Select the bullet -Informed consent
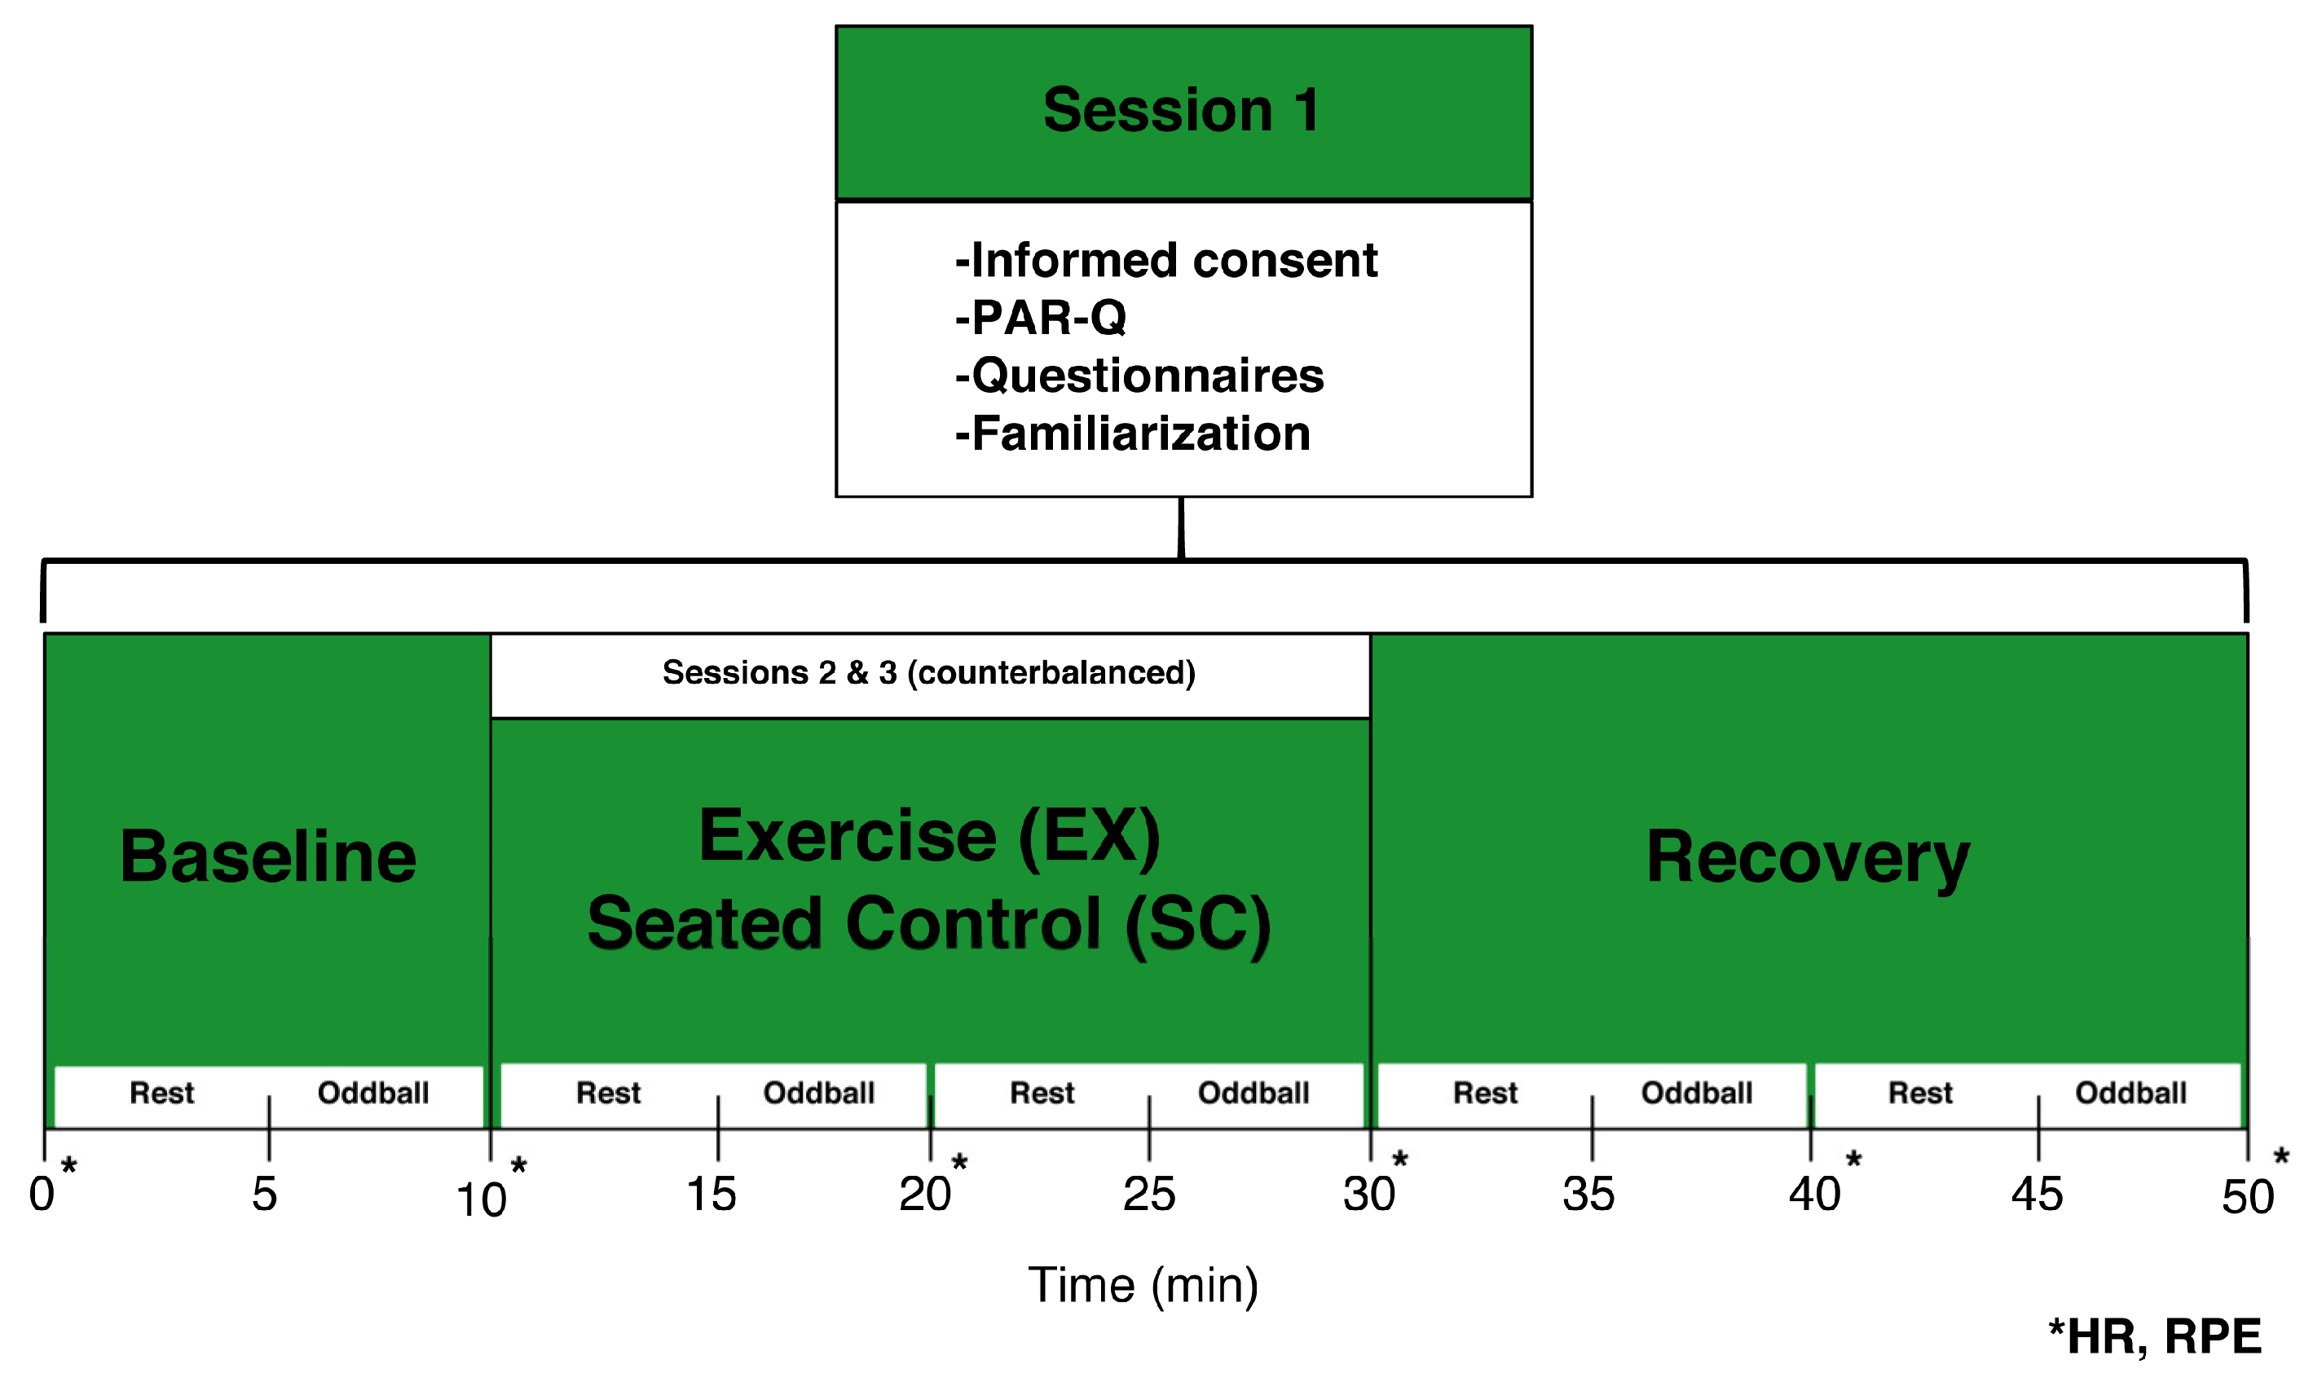pyautogui.click(x=1165, y=260)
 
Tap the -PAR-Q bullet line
pyautogui.click(x=1040, y=318)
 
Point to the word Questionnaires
pyautogui.click(x=1148, y=376)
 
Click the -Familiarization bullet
pyautogui.click(x=1132, y=434)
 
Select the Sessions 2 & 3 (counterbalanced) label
pyautogui.click(x=928, y=672)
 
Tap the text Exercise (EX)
pyautogui.click(x=929, y=836)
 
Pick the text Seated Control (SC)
pyautogui.click(x=929, y=924)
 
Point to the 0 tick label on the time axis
pyautogui.click(x=42, y=1194)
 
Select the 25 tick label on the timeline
pyautogui.click(x=1149, y=1195)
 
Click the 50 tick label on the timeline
pyautogui.click(x=2247, y=1197)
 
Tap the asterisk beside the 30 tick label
pyautogui.click(x=1399, y=1160)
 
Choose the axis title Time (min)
pyautogui.click(x=1143, y=1286)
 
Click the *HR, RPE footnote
pyautogui.click(x=2154, y=1337)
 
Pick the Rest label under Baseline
pyautogui.click(x=162, y=1093)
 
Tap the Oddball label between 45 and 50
pyautogui.click(x=2130, y=1093)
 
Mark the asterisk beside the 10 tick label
pyautogui.click(x=518, y=1166)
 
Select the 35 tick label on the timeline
pyautogui.click(x=1588, y=1195)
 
